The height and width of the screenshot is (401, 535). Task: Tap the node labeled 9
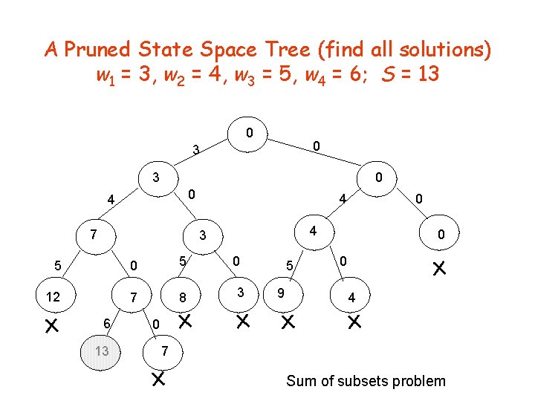coord(281,293)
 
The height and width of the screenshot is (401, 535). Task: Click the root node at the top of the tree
coord(250,134)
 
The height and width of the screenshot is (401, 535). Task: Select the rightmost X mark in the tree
coord(439,267)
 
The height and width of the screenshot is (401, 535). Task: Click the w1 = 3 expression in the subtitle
coord(125,75)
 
